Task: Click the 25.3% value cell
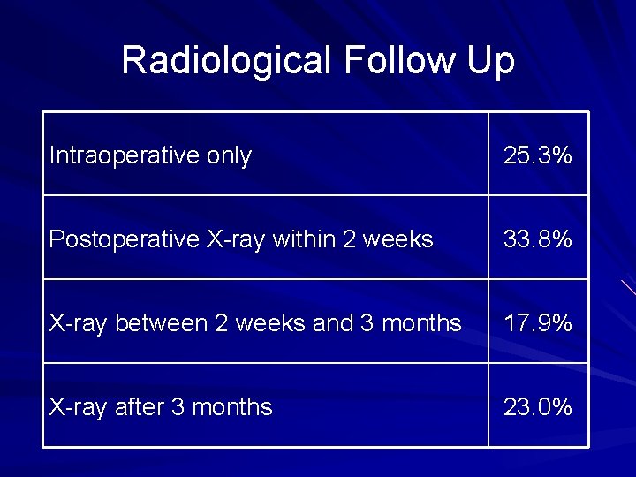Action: coord(538,156)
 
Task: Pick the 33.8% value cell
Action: coord(538,239)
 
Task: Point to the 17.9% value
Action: coord(538,324)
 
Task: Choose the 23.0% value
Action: coord(538,407)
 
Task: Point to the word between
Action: coord(163,324)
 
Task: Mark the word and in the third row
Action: coord(333,324)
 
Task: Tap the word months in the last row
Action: coord(232,407)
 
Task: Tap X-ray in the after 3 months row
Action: coord(77,407)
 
